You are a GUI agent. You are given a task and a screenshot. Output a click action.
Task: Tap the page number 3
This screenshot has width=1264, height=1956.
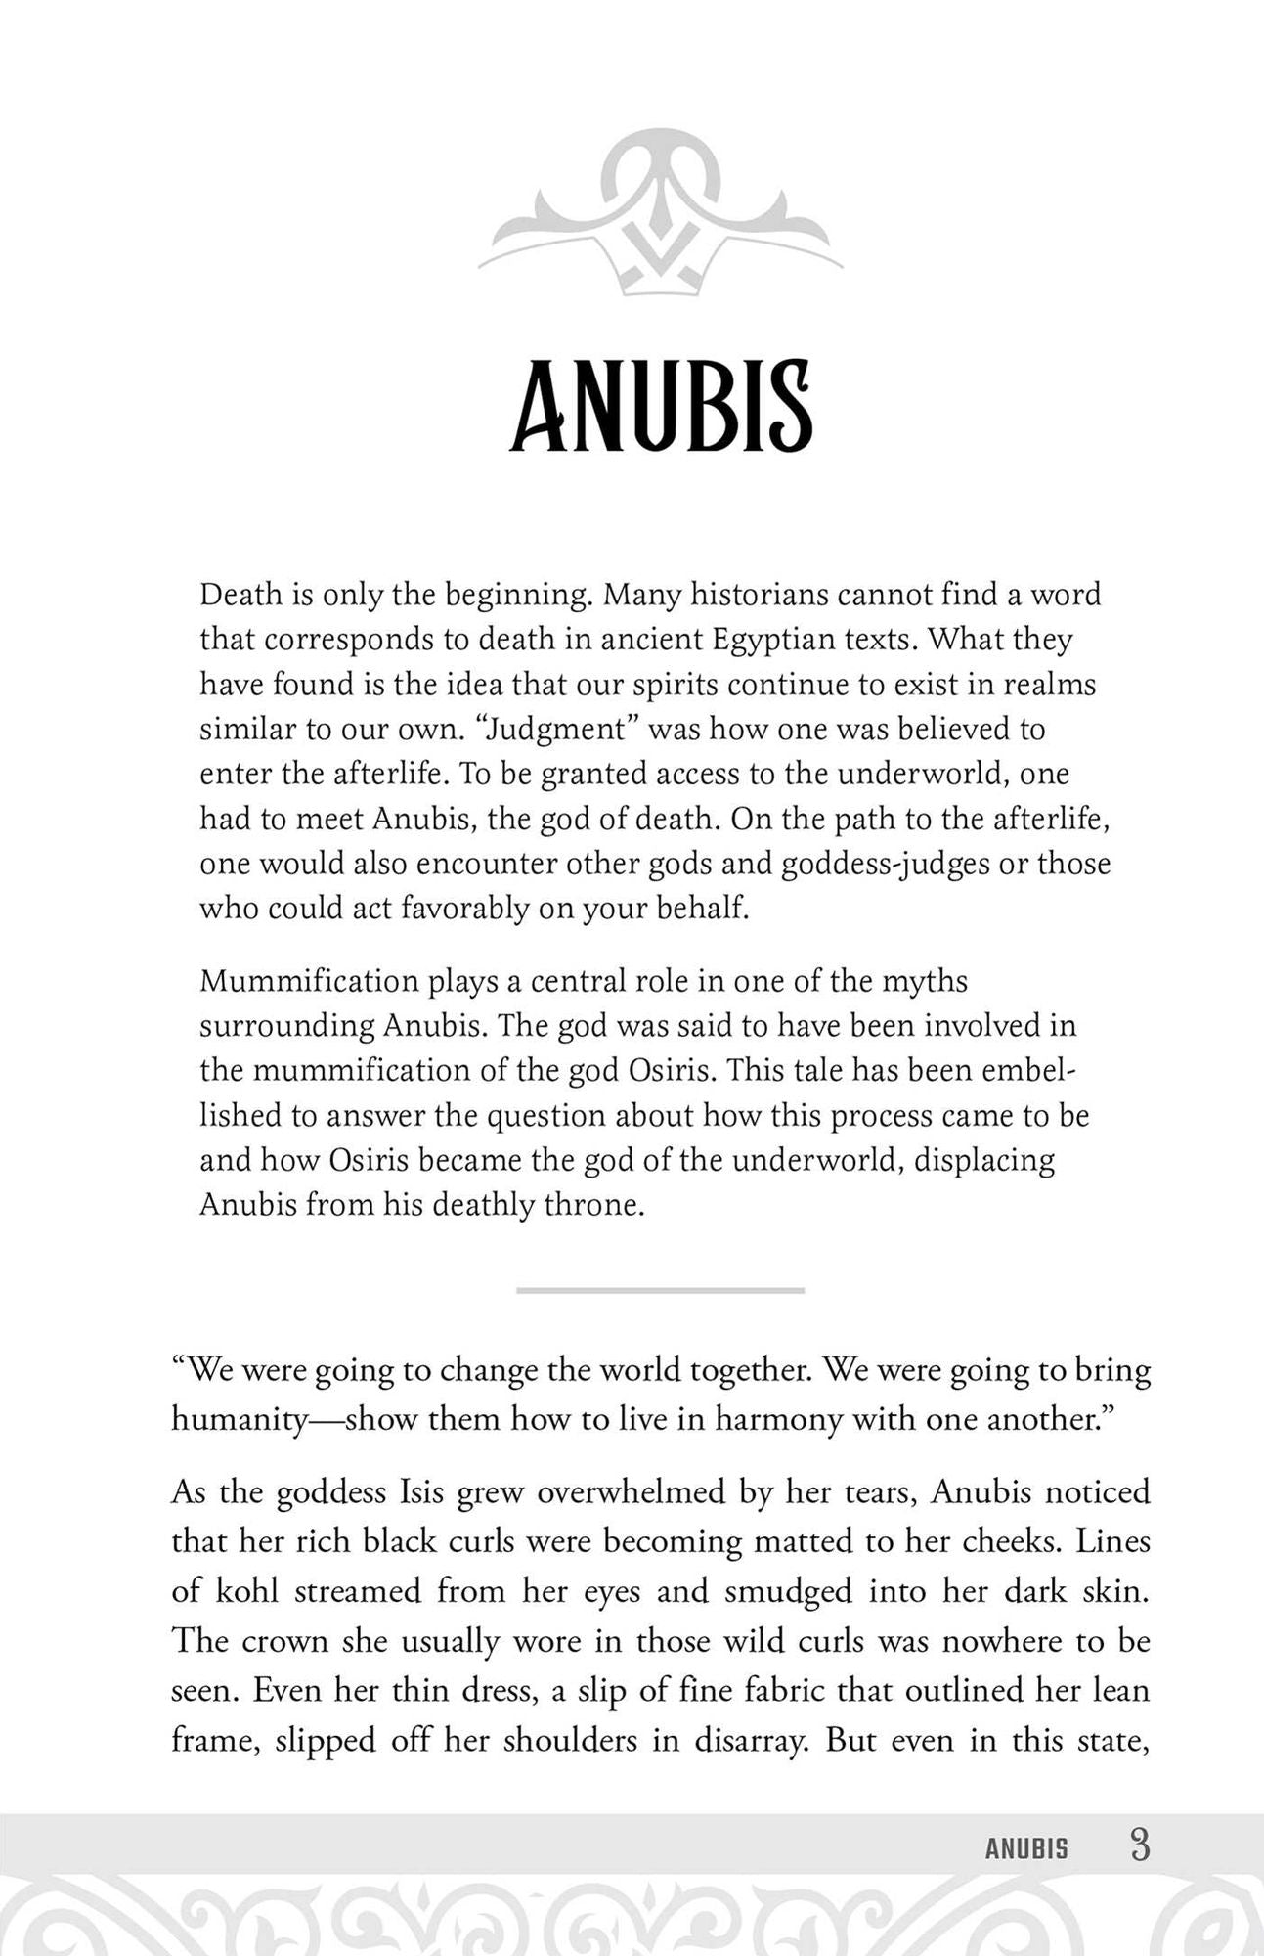tap(1139, 1846)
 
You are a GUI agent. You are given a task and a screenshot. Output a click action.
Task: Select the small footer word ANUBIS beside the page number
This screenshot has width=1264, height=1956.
tap(1026, 1849)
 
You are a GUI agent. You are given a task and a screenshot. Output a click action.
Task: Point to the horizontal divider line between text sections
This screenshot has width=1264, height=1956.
tap(660, 1290)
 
